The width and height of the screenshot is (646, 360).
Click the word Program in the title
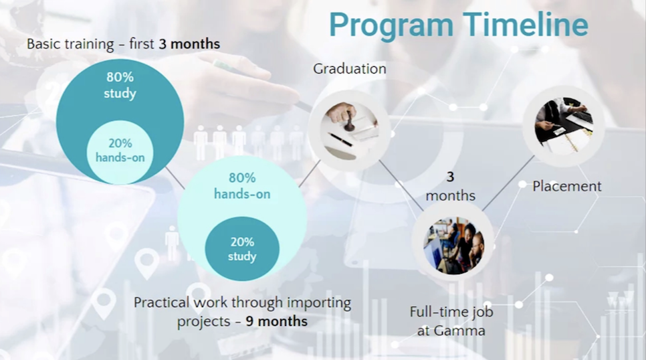click(391, 25)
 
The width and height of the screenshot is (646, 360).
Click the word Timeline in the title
click(525, 24)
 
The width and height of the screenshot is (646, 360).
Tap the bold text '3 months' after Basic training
click(189, 43)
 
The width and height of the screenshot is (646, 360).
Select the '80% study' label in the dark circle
click(120, 85)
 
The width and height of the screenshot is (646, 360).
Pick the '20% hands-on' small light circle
click(120, 152)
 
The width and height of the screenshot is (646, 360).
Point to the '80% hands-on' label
click(242, 186)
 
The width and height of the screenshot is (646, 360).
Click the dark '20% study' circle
click(242, 249)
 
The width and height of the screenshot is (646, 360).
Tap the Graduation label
click(350, 68)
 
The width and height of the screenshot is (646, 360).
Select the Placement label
click(567, 186)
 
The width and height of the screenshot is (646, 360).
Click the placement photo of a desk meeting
click(564, 126)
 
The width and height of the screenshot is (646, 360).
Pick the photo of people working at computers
click(453, 246)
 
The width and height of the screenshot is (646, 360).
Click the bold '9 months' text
click(277, 321)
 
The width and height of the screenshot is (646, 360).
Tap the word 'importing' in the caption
click(319, 303)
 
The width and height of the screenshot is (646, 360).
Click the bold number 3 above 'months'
click(450, 177)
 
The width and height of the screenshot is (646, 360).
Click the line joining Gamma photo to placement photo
click(508, 183)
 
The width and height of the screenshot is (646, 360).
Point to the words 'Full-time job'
click(451, 312)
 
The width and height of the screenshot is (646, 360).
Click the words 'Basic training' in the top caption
click(70, 44)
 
